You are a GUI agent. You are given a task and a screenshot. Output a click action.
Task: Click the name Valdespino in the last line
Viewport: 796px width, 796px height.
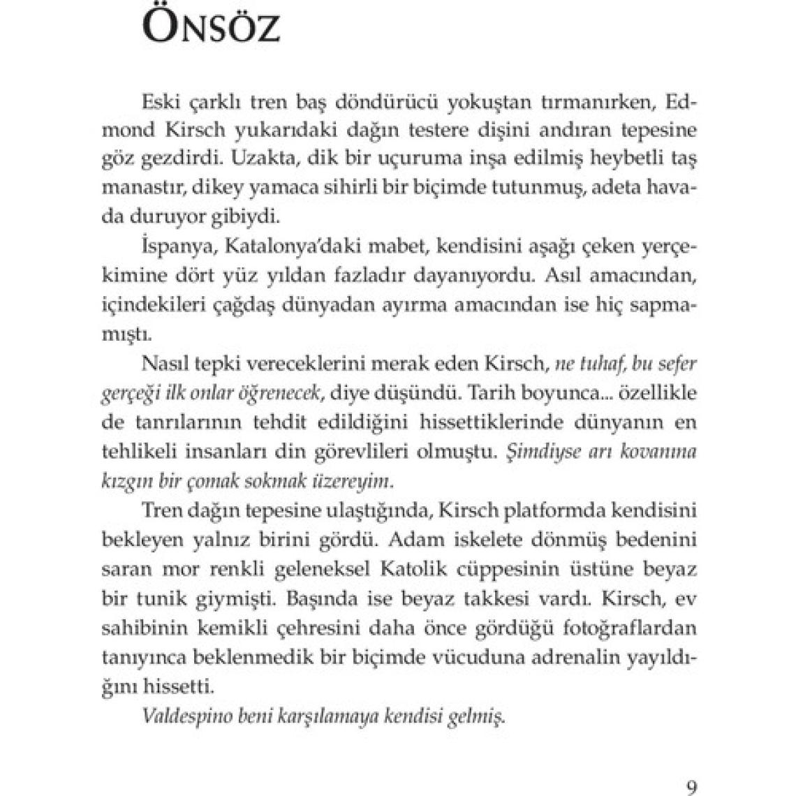[x=186, y=716]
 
